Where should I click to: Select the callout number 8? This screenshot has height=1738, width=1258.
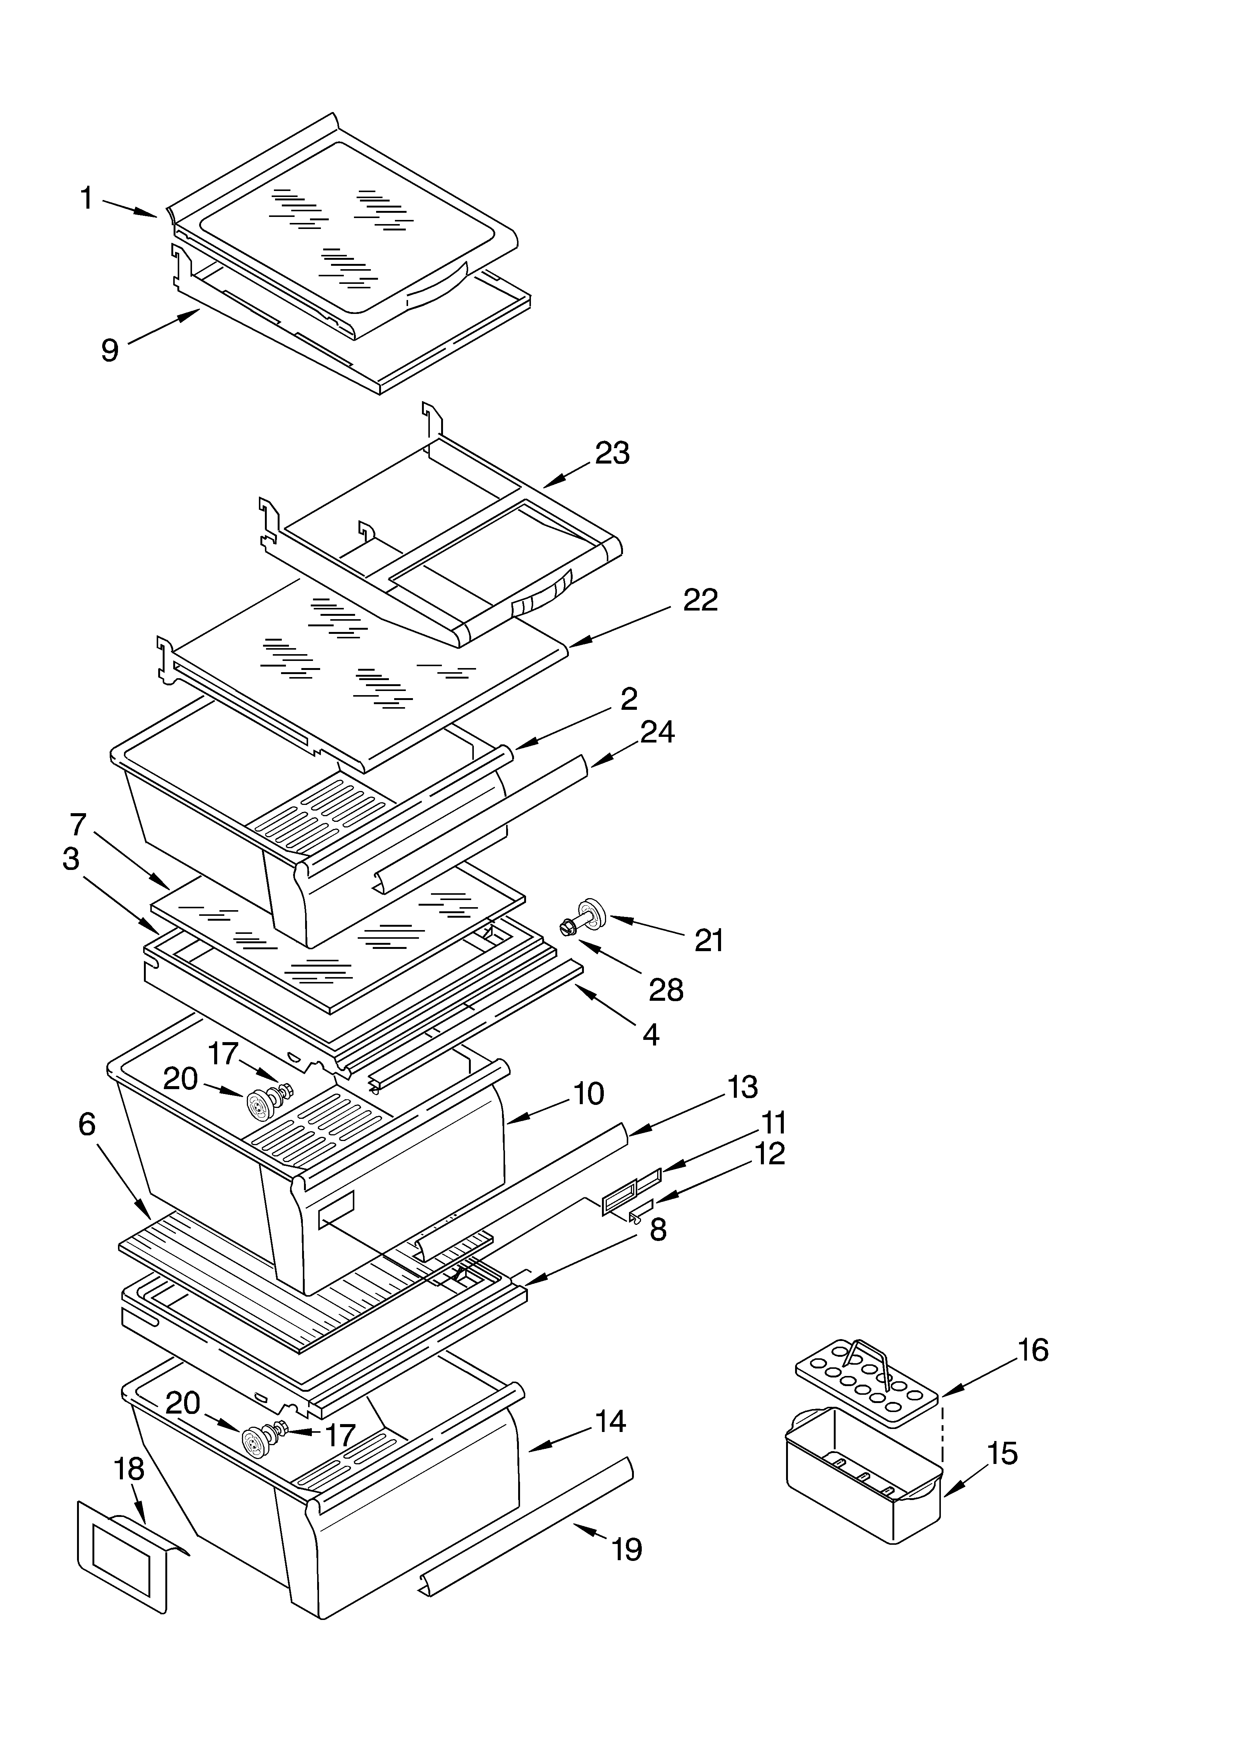657,1230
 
